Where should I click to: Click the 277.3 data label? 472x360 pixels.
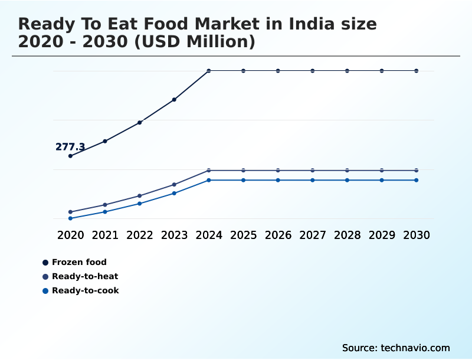point(70,147)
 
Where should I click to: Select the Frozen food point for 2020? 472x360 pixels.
point(70,156)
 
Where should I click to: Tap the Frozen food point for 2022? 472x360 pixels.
point(140,122)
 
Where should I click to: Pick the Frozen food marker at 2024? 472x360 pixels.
point(209,71)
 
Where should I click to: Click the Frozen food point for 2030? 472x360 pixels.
point(417,71)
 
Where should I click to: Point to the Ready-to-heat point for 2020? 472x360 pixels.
point(70,212)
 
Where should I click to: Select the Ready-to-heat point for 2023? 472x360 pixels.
point(174,185)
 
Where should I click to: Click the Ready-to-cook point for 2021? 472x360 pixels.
point(105,212)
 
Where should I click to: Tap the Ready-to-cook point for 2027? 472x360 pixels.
point(313,180)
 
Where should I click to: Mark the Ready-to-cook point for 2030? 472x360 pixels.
point(417,180)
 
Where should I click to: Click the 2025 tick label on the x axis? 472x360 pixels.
point(243,235)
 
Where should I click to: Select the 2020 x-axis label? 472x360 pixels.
point(70,235)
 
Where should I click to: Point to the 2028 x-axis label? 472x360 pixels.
point(347,235)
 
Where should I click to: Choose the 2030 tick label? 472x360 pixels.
point(417,235)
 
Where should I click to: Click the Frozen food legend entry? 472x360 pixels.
point(79,262)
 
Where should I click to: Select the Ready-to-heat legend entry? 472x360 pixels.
point(85,276)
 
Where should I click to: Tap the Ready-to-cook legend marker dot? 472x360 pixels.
point(45,290)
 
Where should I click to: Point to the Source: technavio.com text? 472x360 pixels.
point(396,348)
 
